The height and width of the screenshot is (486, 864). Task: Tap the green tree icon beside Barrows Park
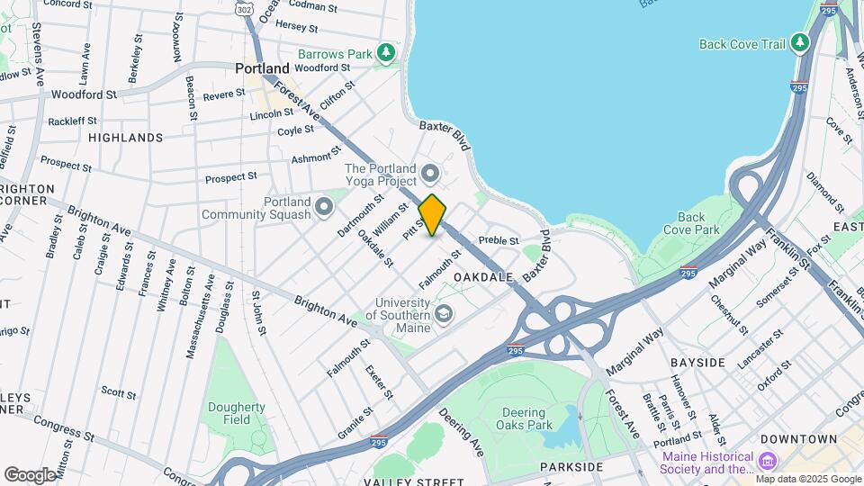click(x=386, y=53)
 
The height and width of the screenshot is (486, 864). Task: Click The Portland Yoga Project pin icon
click(x=430, y=171)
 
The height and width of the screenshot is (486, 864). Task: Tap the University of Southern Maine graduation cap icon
click(x=443, y=313)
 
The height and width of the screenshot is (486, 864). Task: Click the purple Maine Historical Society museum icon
click(x=768, y=462)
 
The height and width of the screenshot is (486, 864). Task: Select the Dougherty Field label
click(x=237, y=412)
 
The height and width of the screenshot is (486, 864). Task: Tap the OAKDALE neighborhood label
click(x=483, y=277)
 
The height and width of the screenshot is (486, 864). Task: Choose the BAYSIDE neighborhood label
click(x=697, y=362)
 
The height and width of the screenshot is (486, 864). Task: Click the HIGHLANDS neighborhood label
click(x=126, y=138)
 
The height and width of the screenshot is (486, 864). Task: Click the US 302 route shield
click(x=244, y=8)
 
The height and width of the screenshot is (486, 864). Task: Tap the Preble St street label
click(x=499, y=240)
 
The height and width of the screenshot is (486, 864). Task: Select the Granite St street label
click(x=355, y=421)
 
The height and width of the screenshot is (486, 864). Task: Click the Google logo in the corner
click(x=30, y=474)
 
